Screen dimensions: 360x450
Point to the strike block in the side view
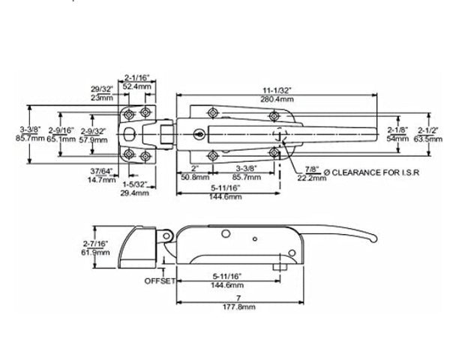click(x=139, y=247)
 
